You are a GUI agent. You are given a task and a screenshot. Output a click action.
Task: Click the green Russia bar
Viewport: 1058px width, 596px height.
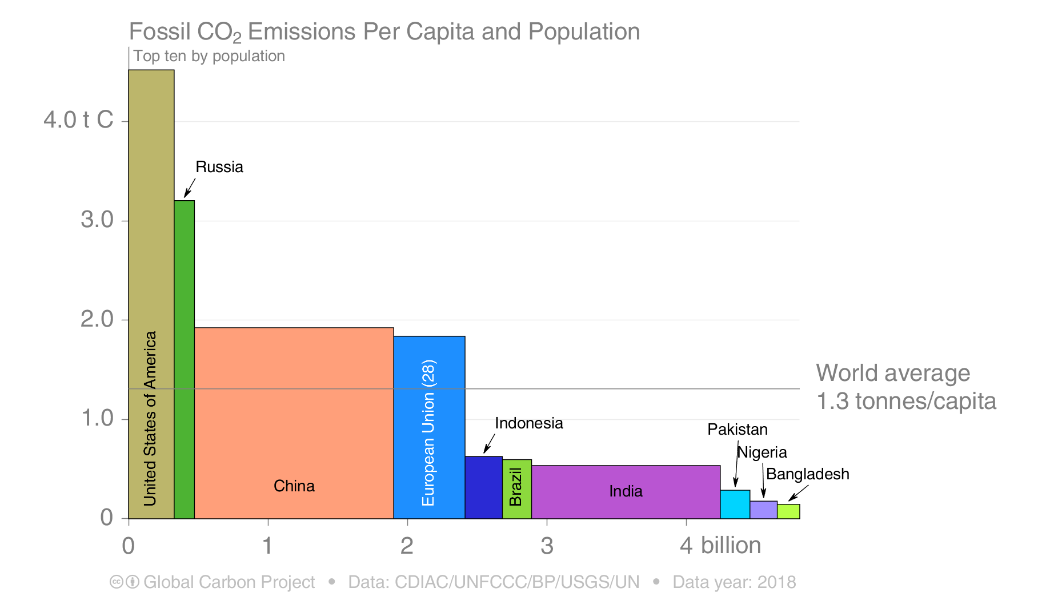pyautogui.click(x=185, y=359)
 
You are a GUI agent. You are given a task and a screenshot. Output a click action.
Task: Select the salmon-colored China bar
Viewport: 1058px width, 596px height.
pyautogui.click(x=294, y=423)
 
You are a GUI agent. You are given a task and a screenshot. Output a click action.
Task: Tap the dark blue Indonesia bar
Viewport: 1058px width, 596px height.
pyautogui.click(x=484, y=487)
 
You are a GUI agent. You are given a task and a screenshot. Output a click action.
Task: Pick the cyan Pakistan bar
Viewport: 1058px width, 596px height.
pyautogui.click(x=735, y=504)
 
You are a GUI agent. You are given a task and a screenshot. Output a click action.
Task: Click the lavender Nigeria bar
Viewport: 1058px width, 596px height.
pyautogui.click(x=764, y=510)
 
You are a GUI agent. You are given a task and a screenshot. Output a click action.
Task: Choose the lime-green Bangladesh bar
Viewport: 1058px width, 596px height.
pyautogui.click(x=788, y=511)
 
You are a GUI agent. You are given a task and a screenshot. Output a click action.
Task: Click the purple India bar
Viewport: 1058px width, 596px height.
pyautogui.click(x=626, y=492)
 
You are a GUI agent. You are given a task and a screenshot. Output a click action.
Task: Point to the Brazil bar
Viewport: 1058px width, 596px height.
pyautogui.click(x=517, y=489)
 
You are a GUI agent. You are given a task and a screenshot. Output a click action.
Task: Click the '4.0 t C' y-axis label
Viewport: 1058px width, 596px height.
pyautogui.click(x=78, y=120)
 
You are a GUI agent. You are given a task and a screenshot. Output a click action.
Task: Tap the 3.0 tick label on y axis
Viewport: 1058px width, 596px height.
pyautogui.click(x=97, y=220)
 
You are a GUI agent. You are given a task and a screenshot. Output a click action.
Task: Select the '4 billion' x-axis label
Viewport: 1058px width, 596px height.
pyautogui.click(x=720, y=545)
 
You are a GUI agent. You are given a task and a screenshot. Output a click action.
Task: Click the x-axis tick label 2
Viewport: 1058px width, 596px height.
pyautogui.click(x=407, y=546)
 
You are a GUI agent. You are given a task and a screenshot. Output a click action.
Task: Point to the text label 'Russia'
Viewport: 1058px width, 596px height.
pyautogui.click(x=219, y=167)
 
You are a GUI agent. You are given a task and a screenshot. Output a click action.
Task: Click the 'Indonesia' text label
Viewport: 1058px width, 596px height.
pyautogui.click(x=529, y=423)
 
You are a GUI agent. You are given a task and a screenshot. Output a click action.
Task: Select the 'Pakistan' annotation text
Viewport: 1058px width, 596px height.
pyautogui.click(x=738, y=430)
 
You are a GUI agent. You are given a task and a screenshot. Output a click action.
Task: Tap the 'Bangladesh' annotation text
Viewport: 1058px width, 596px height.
pyautogui.click(x=808, y=474)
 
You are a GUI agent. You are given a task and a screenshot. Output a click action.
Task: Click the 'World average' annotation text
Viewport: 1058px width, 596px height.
pyautogui.click(x=893, y=374)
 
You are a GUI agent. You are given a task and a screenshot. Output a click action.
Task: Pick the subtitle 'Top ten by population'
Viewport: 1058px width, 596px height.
pyautogui.click(x=209, y=56)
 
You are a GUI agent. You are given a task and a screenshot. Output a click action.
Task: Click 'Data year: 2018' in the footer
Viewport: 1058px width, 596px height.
pyautogui.click(x=734, y=582)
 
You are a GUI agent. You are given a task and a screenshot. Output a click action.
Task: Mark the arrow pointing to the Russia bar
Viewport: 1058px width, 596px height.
pyautogui.click(x=190, y=188)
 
